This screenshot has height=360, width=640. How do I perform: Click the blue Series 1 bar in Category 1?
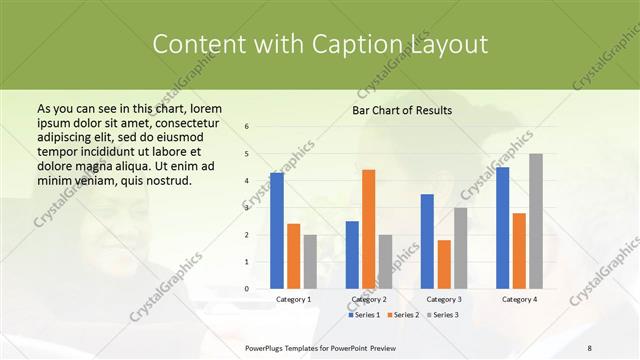(277, 231)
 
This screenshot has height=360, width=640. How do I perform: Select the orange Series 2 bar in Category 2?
(369, 229)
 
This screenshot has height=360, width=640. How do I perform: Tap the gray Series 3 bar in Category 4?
(536, 221)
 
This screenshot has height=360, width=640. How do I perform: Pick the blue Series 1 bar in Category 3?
(427, 241)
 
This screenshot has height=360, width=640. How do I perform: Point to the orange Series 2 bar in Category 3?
(444, 264)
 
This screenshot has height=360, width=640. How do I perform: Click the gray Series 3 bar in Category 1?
(310, 261)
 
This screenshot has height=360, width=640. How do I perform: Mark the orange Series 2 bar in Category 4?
(519, 250)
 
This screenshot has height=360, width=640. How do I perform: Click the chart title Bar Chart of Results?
(402, 110)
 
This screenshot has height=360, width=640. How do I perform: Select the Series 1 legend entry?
(364, 315)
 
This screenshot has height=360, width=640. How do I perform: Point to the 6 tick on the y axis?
(247, 127)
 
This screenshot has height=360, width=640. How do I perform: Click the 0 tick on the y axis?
(247, 288)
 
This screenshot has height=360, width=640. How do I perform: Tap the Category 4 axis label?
(519, 299)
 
